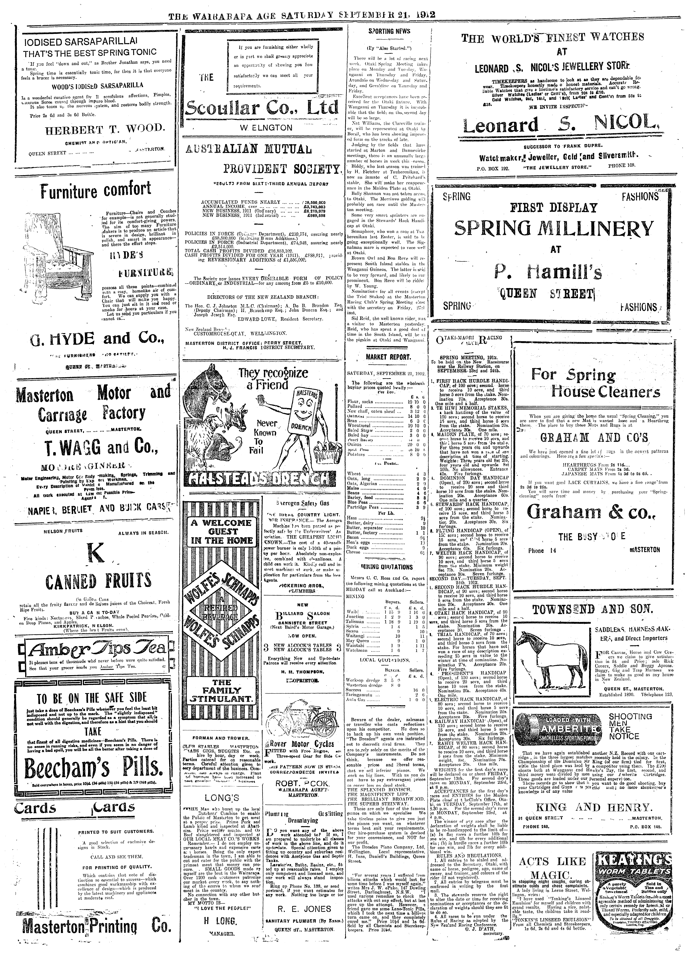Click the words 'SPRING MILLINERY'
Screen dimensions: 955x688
click(555, 229)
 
